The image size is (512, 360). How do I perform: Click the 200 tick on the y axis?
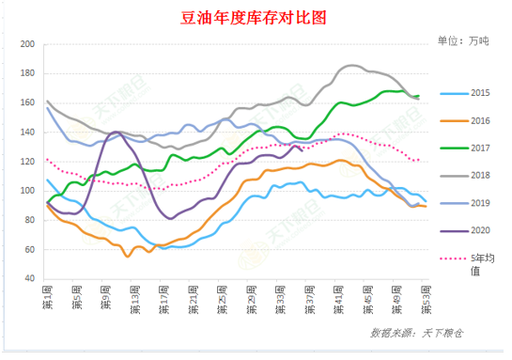(28, 45)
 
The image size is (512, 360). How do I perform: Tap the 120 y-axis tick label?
(28, 162)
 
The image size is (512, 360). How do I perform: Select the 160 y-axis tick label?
(28, 103)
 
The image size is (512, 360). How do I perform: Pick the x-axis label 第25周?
(222, 303)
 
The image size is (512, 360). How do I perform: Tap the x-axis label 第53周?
(425, 303)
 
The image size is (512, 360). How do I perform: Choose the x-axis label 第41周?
(337, 303)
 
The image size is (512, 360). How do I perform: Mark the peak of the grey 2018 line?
(352, 66)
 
